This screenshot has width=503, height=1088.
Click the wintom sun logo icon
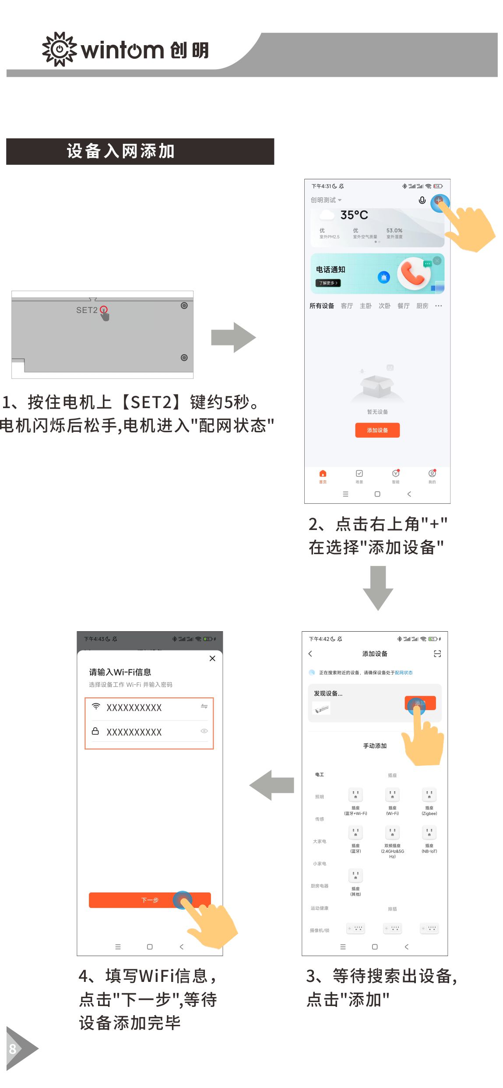click(59, 49)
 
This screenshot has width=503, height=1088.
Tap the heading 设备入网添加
click(121, 151)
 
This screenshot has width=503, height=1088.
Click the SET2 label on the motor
click(87, 310)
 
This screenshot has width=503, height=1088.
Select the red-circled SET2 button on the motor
click(104, 309)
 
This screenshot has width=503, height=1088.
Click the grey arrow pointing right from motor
click(233, 338)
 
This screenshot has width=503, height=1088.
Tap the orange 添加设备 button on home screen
click(377, 430)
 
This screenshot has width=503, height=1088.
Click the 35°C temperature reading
click(354, 215)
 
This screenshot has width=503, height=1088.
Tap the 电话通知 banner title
click(331, 270)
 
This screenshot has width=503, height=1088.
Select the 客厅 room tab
click(347, 306)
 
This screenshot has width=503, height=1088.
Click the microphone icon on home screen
click(422, 200)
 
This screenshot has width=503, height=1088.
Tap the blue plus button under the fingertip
click(439, 201)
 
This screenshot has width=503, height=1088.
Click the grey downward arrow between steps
click(378, 588)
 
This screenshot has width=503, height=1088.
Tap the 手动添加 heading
click(375, 746)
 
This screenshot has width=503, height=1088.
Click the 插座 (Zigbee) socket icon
click(429, 794)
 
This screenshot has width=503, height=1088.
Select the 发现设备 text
click(328, 693)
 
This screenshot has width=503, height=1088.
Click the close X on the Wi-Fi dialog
click(212, 658)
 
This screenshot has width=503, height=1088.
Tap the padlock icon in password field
click(95, 731)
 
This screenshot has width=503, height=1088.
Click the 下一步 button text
click(150, 900)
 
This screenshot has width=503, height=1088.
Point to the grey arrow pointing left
click(272, 785)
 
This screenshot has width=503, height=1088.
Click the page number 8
click(13, 1049)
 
